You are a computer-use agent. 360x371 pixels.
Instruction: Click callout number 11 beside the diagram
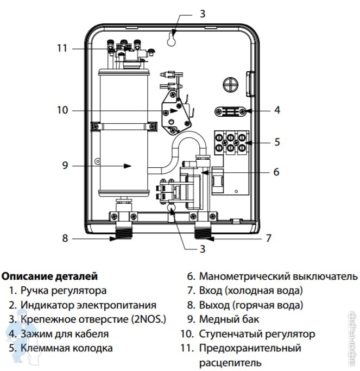pos(62,48)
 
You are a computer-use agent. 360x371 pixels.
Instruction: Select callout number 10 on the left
pos(62,110)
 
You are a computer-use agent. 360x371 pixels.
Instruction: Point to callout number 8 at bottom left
pos(65,237)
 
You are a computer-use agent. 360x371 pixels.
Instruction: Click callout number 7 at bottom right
pos(268,237)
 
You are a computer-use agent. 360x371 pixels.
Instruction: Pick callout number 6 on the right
pos(276,172)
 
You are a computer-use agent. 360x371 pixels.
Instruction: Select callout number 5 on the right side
pos(277,142)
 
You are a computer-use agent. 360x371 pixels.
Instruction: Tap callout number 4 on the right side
pos(277,110)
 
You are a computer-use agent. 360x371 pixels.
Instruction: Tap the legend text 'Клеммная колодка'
pos(67,348)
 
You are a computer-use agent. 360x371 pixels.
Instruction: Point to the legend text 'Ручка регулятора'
pos(64,291)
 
